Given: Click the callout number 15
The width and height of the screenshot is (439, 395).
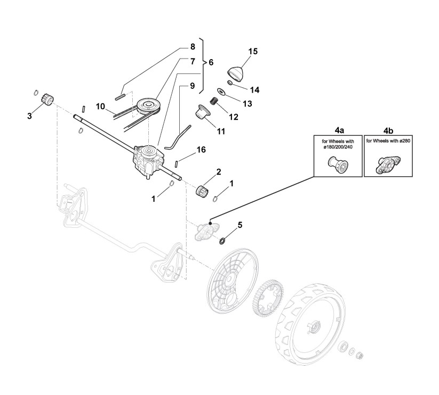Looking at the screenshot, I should [253, 51].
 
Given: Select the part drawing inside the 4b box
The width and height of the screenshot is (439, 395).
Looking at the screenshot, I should [387, 164].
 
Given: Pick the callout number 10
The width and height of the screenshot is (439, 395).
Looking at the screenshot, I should [100, 106].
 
